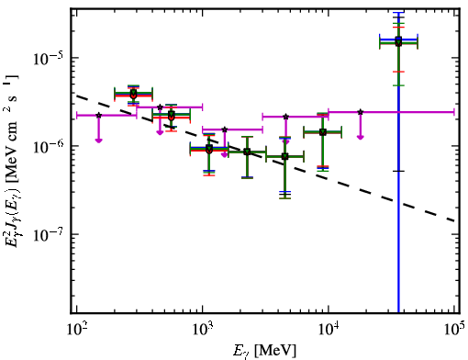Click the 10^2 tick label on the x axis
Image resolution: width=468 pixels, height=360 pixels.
pos(76,329)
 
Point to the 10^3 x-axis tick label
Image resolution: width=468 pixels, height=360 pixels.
pos(203,329)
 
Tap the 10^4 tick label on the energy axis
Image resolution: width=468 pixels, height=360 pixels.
pos(329,329)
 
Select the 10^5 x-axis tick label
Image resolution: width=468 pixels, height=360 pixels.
pos(454,329)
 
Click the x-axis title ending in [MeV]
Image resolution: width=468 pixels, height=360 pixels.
pos(264,351)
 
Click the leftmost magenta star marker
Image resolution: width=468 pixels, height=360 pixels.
pos(98,115)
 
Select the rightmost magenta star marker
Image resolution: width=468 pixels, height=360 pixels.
pos(361,112)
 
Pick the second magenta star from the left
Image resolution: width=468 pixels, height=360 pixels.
pos(160,107)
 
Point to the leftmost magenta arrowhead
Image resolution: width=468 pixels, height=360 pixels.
pos(98,141)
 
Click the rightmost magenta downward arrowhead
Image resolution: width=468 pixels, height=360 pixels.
pos(361,137)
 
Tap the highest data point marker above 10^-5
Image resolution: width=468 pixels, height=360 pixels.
pos(398,41)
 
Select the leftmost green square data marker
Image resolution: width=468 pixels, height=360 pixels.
pos(133,93)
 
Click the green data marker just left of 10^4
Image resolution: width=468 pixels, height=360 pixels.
pos(322,132)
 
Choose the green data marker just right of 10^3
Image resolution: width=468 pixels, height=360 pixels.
pos(209,149)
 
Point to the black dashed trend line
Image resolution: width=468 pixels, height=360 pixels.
pos(265,158)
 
